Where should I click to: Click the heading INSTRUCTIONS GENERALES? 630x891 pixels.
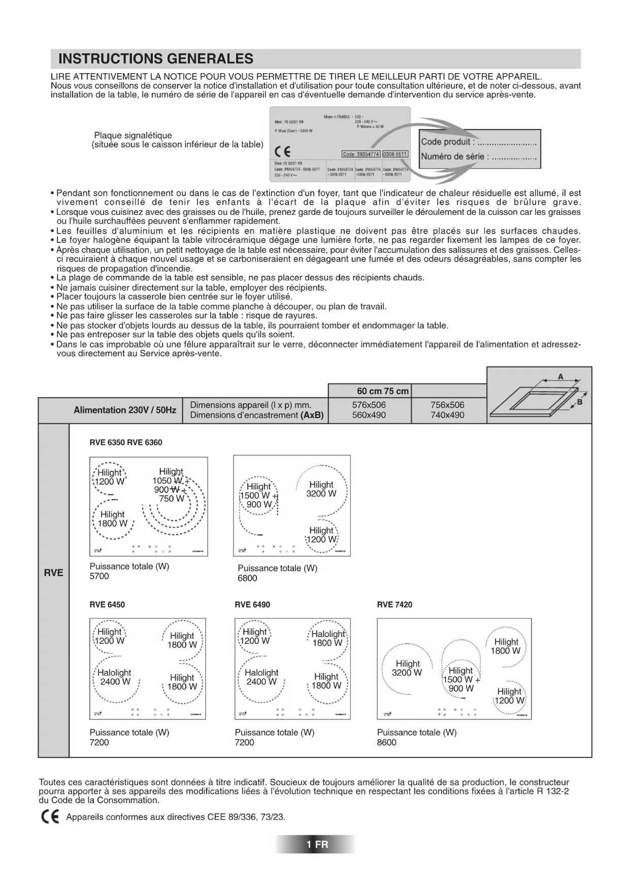156,59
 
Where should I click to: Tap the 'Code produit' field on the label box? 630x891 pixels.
478,142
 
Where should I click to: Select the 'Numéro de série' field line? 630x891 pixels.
478,156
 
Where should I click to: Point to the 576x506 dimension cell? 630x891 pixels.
369,405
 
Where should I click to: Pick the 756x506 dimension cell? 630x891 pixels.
447,405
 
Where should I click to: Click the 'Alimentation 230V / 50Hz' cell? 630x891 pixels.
125,410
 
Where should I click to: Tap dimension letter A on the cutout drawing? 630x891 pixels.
560,377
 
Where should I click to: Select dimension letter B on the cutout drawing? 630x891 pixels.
579,402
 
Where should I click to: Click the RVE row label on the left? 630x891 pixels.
53,572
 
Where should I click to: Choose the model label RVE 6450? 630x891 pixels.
107,604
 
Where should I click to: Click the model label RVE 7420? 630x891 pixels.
394,604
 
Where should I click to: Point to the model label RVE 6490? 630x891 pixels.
252,604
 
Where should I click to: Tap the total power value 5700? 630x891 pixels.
99,576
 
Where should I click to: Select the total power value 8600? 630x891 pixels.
387,742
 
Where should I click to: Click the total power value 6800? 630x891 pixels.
247,578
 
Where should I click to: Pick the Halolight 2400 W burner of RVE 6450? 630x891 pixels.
115,677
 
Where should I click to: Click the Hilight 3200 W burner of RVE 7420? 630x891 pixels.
407,668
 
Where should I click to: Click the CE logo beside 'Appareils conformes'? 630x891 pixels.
50,817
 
